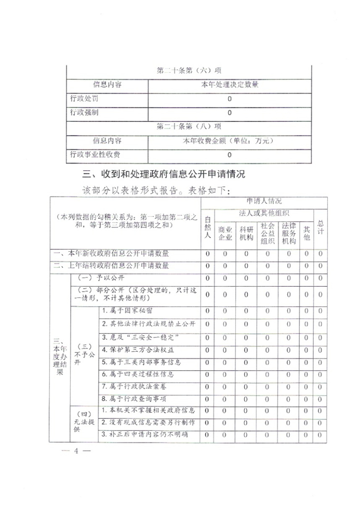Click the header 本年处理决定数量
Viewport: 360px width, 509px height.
tap(230, 85)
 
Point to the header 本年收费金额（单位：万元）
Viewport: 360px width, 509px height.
tap(230, 141)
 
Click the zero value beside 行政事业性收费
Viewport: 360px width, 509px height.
tap(230, 155)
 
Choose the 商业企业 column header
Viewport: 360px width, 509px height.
tap(225, 233)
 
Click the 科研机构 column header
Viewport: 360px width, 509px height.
tap(246, 233)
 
